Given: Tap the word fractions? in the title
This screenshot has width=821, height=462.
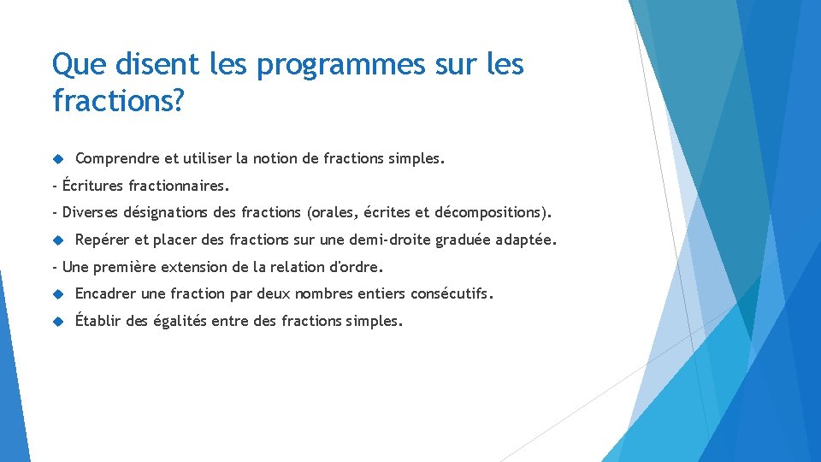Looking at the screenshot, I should click(118, 101).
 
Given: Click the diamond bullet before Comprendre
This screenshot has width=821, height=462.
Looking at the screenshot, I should click(58, 159).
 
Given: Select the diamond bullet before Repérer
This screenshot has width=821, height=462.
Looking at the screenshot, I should click(58, 240).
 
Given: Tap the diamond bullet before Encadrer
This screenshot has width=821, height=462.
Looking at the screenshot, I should click(58, 293).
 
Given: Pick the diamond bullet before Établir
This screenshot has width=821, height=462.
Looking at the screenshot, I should click(58, 321).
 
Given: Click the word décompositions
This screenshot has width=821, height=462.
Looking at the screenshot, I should click(493, 212).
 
